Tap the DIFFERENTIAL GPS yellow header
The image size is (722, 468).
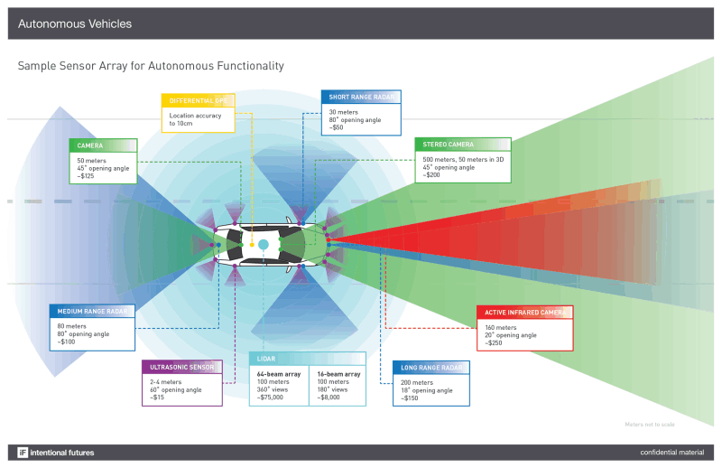198,99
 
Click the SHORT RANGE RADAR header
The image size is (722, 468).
361,97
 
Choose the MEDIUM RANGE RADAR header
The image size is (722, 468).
93,312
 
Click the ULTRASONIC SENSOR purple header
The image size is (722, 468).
181,367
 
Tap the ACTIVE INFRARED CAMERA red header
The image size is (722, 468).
524,313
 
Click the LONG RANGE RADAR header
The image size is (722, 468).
432,367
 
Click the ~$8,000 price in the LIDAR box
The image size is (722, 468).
330,397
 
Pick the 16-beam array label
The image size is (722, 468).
336,372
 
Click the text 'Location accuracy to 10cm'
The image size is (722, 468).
195,119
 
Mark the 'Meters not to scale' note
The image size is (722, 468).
650,424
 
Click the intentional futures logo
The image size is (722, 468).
56,452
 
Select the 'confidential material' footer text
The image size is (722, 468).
671,452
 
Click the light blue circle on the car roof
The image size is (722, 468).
264,245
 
